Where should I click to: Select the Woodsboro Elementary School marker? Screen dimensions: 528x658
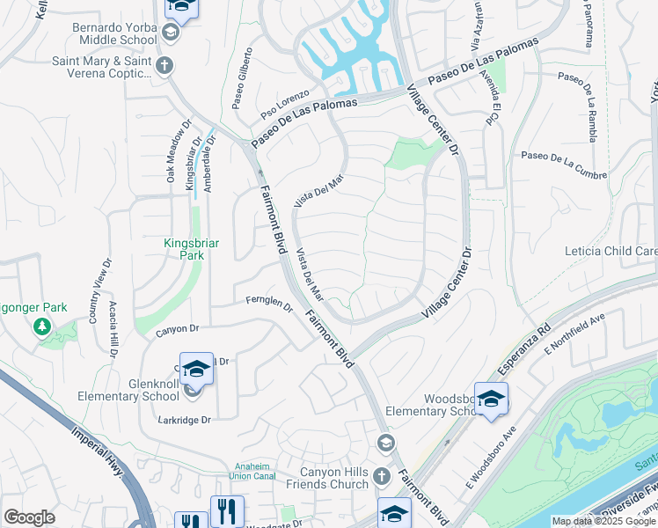click(491, 399)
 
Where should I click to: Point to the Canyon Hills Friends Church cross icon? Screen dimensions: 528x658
click(381, 476)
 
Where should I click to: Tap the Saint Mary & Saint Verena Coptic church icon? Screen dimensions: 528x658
click(164, 65)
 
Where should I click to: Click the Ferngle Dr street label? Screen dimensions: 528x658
click(268, 304)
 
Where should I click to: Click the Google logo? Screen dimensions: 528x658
click(30, 517)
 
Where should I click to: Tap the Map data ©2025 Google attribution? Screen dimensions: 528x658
click(603, 521)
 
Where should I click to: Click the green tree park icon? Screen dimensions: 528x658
click(41, 327)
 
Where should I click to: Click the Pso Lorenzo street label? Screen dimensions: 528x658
click(285, 103)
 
